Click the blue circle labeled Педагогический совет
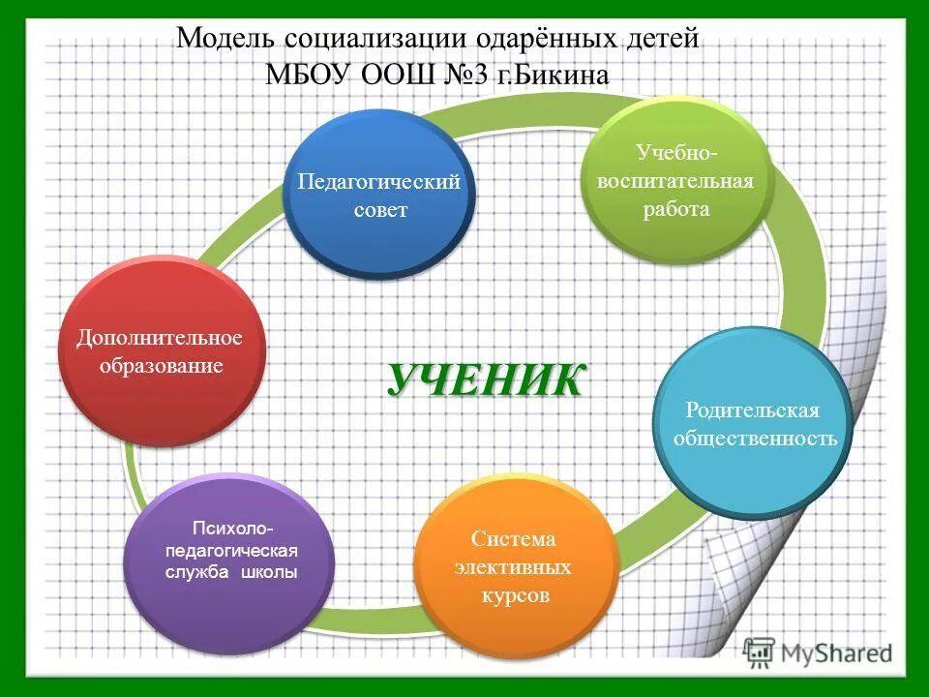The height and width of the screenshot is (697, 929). pos(379,194)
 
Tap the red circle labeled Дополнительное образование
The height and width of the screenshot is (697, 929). pos(161,350)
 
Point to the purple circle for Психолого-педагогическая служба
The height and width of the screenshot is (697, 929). pos(229,552)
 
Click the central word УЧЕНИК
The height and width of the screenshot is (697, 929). pos(486,379)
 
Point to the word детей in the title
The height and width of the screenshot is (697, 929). pos(663,39)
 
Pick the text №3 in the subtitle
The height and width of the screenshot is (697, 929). pos(461,75)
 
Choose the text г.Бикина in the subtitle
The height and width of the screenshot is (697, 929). pos(554,75)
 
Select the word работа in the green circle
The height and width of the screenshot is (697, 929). pos(676,208)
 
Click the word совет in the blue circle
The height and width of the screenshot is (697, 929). pos(379,209)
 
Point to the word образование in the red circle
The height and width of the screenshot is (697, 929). pos(161,366)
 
